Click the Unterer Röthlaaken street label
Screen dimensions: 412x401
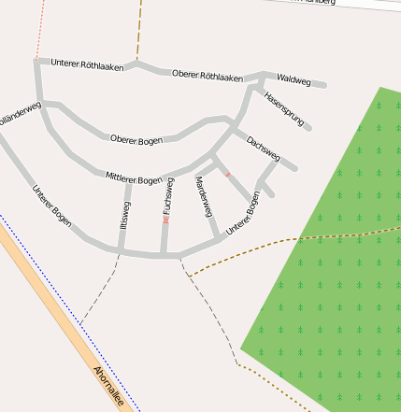pos(88,64)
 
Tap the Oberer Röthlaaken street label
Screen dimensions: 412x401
pos(208,75)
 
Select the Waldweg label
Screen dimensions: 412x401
pos(294,81)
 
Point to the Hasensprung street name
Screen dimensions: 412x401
pos(284,108)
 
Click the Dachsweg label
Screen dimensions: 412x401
pos(264,149)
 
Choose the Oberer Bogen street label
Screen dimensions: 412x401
pos(136,140)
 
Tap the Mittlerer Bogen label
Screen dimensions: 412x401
pos(134,178)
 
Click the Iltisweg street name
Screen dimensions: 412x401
pos(125,216)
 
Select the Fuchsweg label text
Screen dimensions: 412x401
pos(168,200)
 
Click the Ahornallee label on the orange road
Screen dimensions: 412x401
pos(109,383)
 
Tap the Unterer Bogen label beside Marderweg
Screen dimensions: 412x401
pos(240,213)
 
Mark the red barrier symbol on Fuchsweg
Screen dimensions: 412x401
pos(165,220)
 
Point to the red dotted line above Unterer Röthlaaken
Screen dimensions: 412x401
pos(39,28)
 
